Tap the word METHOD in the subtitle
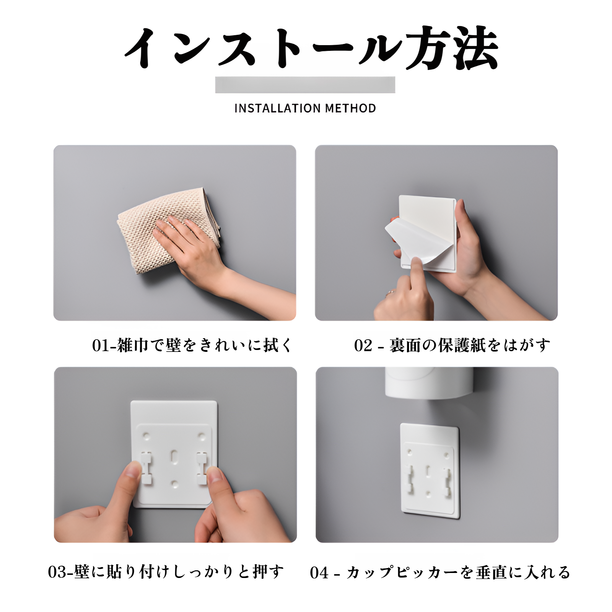coord(350,108)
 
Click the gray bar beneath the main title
coord(305,85)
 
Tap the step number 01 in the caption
coord(101,345)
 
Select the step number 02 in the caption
coord(363,345)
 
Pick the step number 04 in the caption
coord(319,573)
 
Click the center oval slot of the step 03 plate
coord(174,456)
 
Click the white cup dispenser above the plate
coord(428,382)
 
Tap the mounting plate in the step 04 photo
coord(430,470)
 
